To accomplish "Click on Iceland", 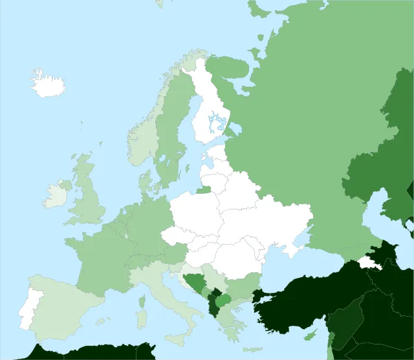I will (x=48, y=84).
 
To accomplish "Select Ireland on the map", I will (x=56, y=195).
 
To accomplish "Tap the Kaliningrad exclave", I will (x=203, y=190).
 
